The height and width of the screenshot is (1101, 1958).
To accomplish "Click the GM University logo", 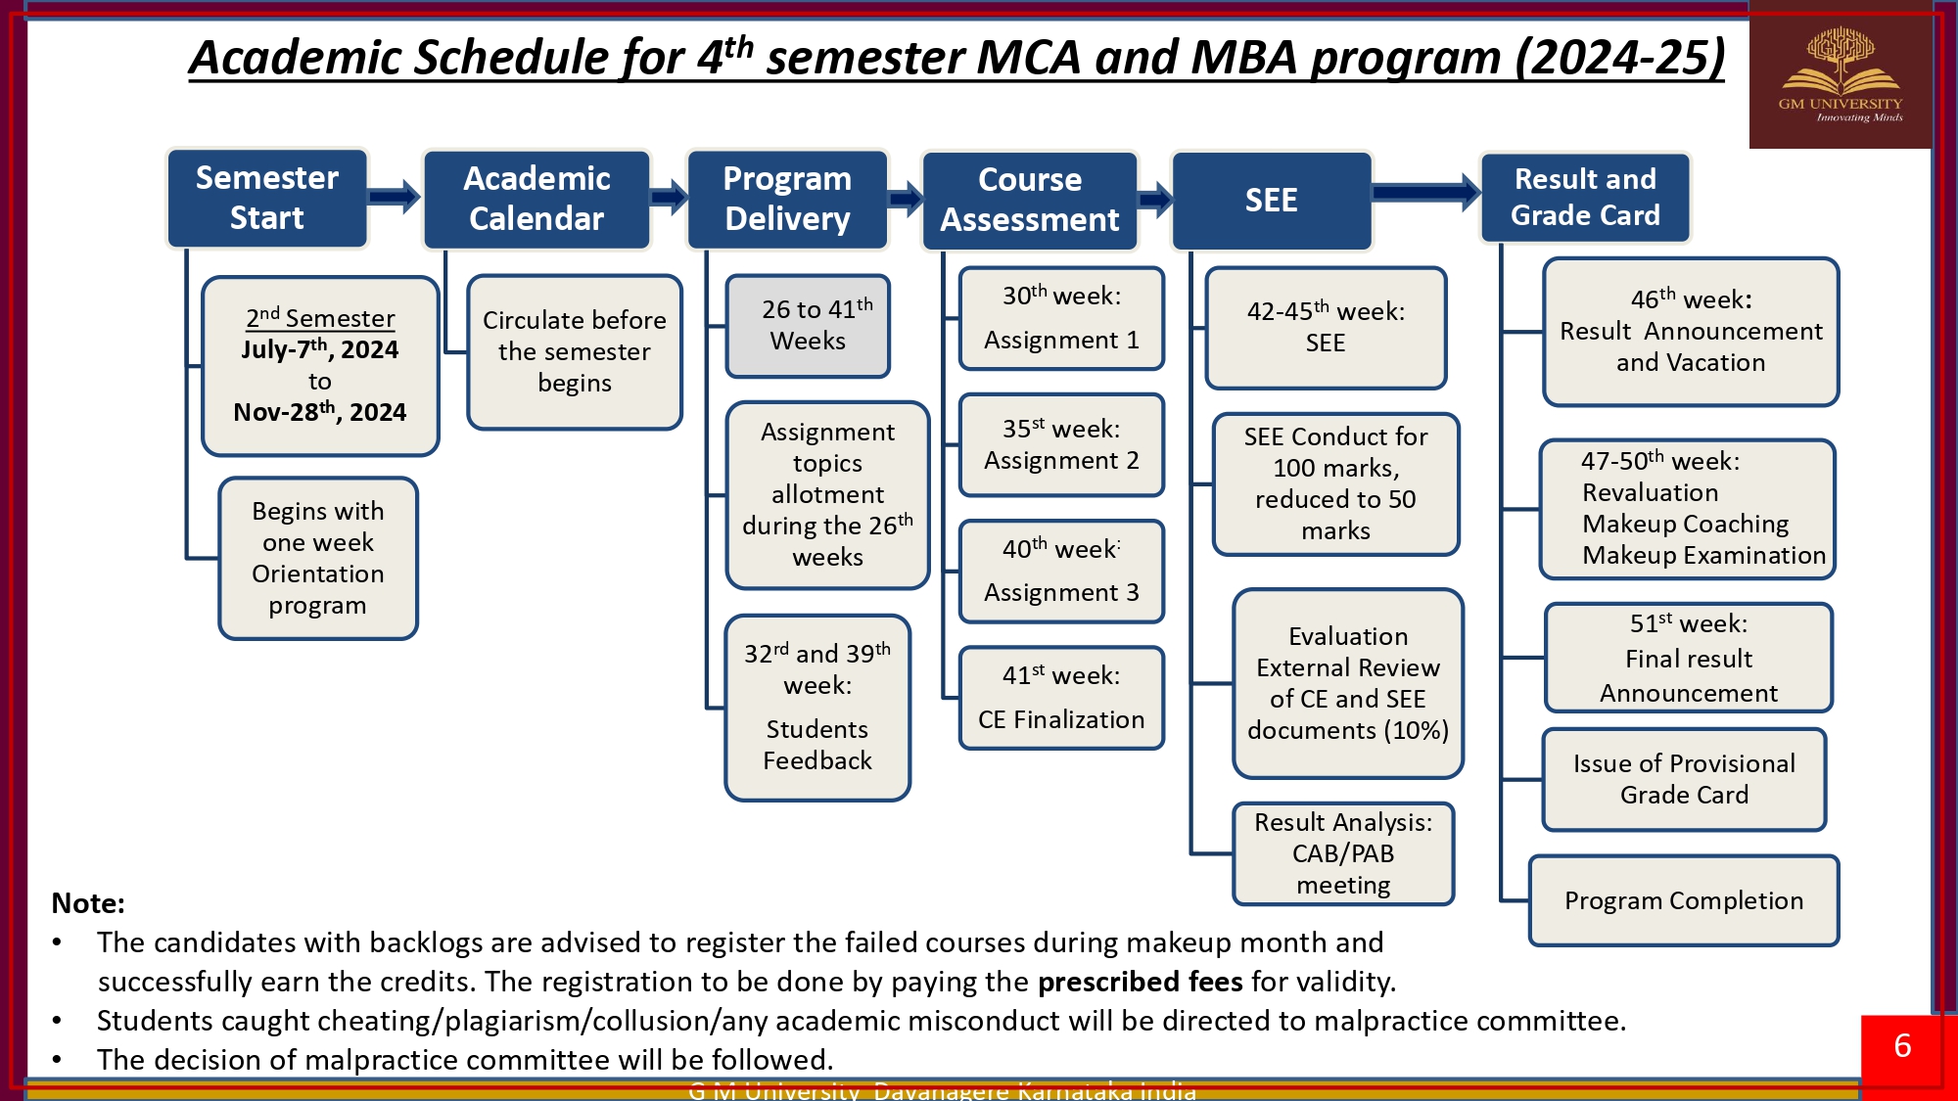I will [x=1840, y=75].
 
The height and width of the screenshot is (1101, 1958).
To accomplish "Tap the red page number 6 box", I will [x=1902, y=1047].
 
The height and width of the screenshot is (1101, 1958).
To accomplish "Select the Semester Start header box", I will [x=267, y=198].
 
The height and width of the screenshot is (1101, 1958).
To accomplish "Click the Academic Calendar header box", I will [x=536, y=199].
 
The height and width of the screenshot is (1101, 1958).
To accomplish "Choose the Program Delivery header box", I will [x=787, y=199].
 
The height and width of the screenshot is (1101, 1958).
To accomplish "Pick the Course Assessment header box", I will [x=1029, y=200].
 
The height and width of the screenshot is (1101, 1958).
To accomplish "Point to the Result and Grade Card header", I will [x=1585, y=197].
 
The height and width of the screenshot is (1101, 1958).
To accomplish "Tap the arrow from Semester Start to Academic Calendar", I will [x=395, y=197].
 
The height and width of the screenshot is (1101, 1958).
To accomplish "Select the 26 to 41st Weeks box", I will [x=808, y=326].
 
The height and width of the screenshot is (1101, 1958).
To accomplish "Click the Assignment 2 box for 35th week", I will [x=1061, y=445].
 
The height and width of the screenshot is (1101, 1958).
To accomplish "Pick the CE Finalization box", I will [x=1061, y=698].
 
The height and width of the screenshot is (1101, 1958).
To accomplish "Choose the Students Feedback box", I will [x=817, y=708].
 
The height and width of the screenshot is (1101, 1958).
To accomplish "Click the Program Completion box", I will [x=1684, y=900].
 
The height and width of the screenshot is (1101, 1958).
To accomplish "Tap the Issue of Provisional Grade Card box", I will [x=1684, y=779].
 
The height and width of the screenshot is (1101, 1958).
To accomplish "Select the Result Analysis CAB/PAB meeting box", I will [x=1343, y=853].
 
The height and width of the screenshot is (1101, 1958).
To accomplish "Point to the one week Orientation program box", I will [x=318, y=559].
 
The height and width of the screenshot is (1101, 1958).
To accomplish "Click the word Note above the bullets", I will [x=88, y=903].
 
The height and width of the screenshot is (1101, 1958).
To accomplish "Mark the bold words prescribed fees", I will [x=1140, y=982].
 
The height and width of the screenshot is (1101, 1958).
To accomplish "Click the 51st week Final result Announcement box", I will [x=1689, y=658].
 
